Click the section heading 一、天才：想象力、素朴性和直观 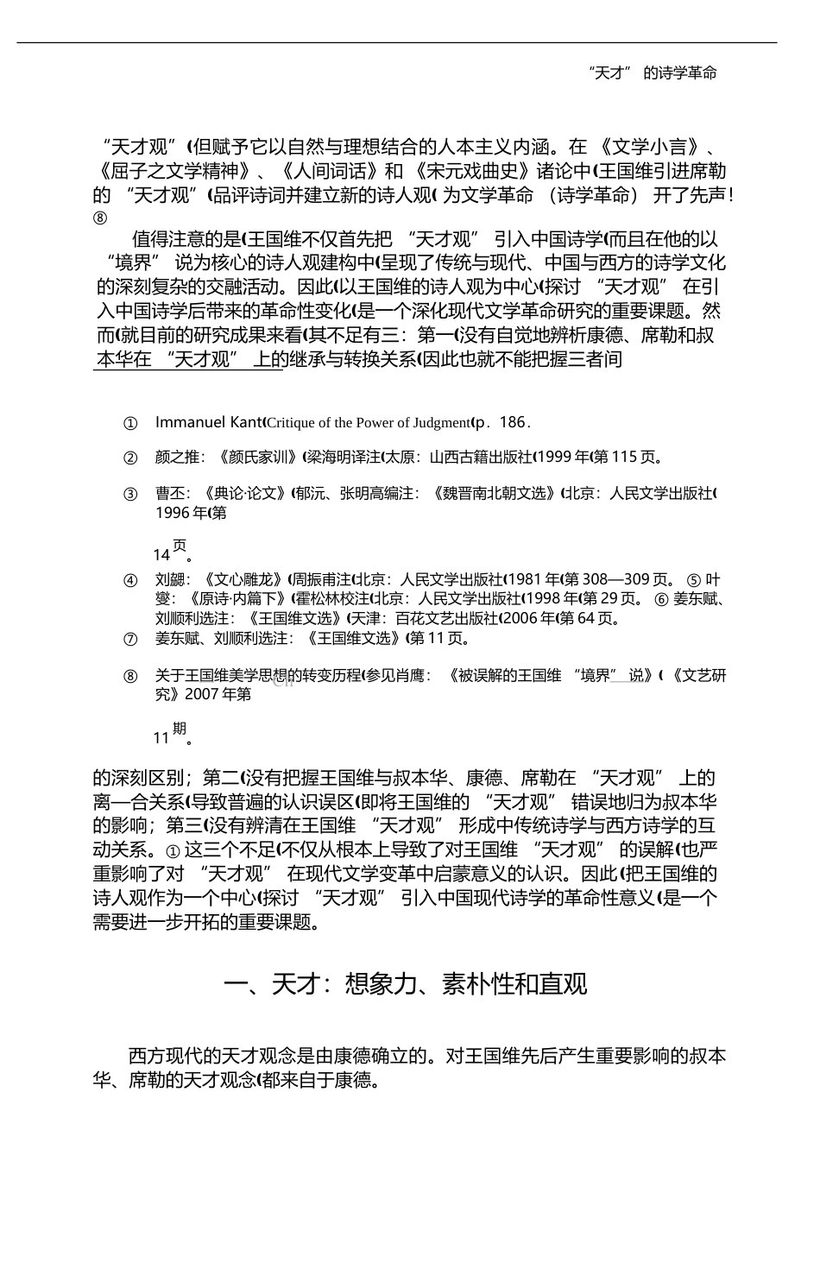[405, 983]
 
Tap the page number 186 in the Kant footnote [512, 422]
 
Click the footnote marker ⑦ [130, 639]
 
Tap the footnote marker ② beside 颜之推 [130, 458]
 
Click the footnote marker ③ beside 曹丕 [130, 495]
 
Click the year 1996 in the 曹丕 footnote [173, 513]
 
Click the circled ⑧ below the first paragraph [100, 218]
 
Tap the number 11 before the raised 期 [161, 738]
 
